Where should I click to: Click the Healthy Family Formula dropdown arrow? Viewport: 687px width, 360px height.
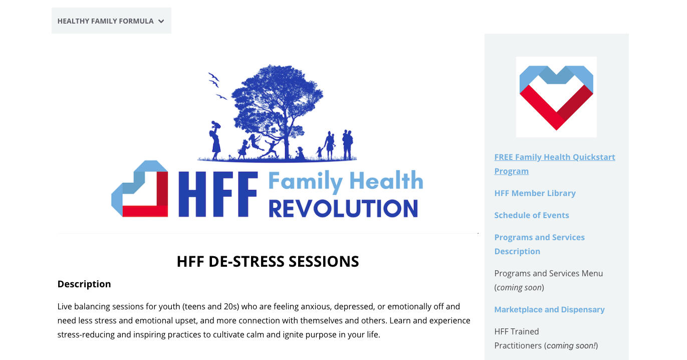(x=161, y=21)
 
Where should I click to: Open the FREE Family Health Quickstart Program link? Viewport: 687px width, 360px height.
(x=555, y=164)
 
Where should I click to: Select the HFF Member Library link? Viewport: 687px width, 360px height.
(x=535, y=193)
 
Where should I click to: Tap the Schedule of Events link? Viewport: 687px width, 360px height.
(x=532, y=215)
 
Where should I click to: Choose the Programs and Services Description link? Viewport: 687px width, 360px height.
(x=540, y=244)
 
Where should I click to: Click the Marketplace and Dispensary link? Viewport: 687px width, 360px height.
(x=549, y=309)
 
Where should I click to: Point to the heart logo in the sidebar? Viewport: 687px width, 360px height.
(x=556, y=97)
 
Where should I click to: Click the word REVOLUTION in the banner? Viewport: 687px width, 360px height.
(x=343, y=209)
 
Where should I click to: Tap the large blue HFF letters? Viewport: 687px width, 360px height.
(x=218, y=194)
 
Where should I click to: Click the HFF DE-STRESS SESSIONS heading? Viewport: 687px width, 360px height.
(x=268, y=262)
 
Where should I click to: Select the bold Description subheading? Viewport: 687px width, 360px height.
(x=84, y=284)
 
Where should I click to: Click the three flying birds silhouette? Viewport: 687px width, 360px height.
(x=217, y=86)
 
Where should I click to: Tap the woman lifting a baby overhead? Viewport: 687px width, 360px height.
(x=215, y=140)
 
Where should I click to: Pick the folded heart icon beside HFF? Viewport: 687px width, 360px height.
(x=139, y=189)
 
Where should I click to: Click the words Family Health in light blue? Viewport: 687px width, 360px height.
(x=346, y=182)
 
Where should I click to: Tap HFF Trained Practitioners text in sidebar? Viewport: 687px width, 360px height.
(x=546, y=338)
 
